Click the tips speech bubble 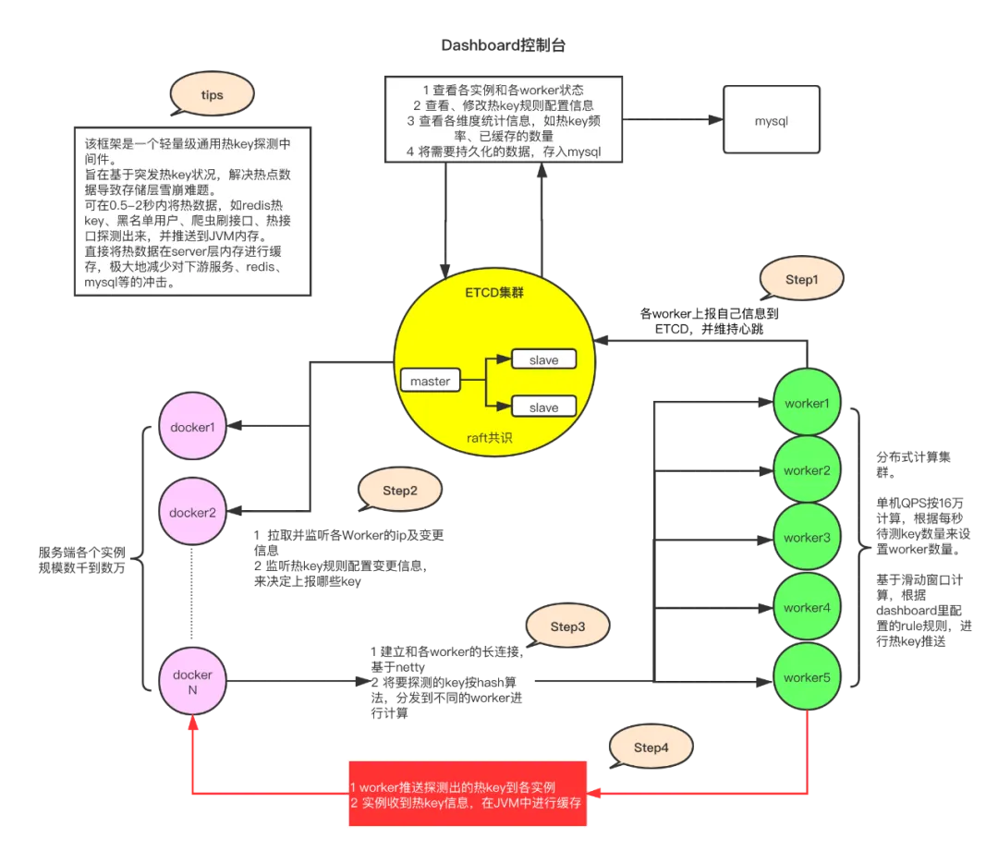click(212, 95)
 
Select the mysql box click(771, 120)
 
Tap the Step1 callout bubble click(801, 280)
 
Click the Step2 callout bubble click(399, 491)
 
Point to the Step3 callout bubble click(567, 626)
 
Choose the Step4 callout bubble click(651, 748)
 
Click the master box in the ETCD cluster click(430, 381)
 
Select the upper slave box click(543, 359)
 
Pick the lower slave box click(543, 407)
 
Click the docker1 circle click(192, 428)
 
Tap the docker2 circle click(192, 512)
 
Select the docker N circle click(192, 682)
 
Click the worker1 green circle click(807, 404)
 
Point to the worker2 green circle click(807, 470)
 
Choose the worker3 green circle click(807, 538)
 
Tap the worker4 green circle click(807, 607)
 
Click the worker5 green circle click(807, 677)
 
